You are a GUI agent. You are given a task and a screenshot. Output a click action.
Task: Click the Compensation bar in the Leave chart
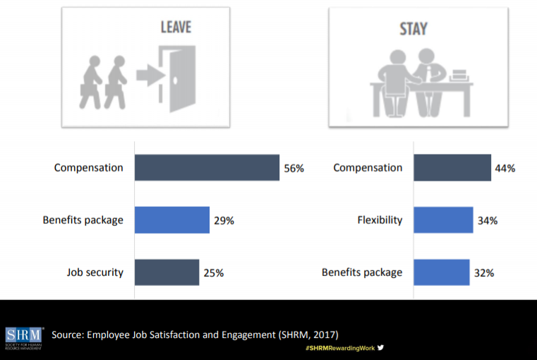pyautogui.click(x=207, y=168)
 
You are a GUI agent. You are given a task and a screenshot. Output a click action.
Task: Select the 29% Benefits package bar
pyautogui.click(x=171, y=220)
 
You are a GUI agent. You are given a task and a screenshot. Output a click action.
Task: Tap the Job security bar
pyautogui.click(x=167, y=272)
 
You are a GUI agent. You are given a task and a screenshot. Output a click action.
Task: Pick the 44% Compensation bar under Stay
pyautogui.click(x=452, y=168)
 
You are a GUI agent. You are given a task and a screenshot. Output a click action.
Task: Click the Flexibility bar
pyautogui.click(x=443, y=220)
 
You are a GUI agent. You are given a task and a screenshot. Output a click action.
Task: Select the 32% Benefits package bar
pyautogui.click(x=441, y=272)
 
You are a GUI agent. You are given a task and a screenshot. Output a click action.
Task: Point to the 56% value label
pyautogui.click(x=294, y=169)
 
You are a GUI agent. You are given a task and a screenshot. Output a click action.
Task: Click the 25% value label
pyautogui.click(x=214, y=272)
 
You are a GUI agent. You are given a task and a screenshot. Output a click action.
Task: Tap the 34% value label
pyautogui.click(x=487, y=220)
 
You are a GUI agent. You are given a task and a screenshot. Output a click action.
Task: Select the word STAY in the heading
pyautogui.click(x=414, y=30)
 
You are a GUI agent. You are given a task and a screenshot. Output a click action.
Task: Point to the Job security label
pyautogui.click(x=95, y=272)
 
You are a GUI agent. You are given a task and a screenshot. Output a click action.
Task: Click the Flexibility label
pyautogui.click(x=380, y=220)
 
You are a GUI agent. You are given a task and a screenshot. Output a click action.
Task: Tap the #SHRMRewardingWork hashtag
pyautogui.click(x=339, y=349)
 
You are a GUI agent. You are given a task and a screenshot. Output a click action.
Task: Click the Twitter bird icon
pyautogui.click(x=381, y=348)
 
